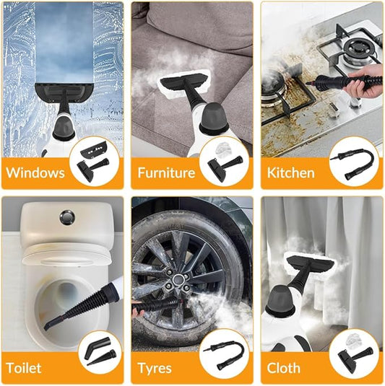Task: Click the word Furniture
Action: tap(166, 173)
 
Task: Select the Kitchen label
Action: tap(290, 173)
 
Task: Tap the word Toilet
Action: tap(25, 368)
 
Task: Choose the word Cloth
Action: tap(284, 368)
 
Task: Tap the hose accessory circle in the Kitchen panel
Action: tap(353, 160)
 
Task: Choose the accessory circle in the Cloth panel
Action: tap(353, 354)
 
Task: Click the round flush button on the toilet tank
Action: tap(66, 215)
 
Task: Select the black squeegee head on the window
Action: tap(64, 92)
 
